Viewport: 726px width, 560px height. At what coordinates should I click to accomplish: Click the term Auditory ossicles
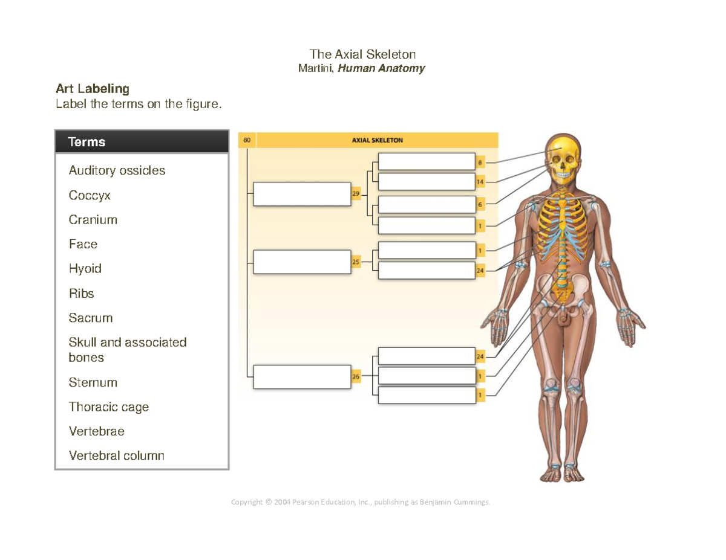click(x=117, y=170)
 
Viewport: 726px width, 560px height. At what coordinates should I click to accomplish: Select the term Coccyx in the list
click(x=90, y=196)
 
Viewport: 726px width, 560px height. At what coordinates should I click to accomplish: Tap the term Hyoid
click(x=85, y=269)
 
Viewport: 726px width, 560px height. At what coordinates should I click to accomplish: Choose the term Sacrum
click(x=91, y=318)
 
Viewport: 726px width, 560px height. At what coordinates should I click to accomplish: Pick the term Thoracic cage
click(x=109, y=407)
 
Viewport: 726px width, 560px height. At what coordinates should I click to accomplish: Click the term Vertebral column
click(x=116, y=455)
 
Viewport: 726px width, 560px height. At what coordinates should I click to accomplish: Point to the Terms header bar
click(x=142, y=142)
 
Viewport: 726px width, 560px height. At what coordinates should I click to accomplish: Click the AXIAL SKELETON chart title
click(x=377, y=140)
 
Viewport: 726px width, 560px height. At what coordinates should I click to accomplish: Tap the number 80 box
click(x=247, y=140)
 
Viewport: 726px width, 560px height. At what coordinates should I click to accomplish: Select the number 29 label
click(x=356, y=194)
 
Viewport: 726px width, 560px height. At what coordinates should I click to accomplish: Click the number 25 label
click(x=356, y=262)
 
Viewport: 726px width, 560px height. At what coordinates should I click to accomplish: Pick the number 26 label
click(x=356, y=377)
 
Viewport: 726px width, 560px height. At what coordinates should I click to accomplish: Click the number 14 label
click(x=480, y=181)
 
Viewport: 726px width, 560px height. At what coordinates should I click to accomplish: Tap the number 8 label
click(x=480, y=163)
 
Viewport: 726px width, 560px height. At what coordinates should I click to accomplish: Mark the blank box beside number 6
click(x=427, y=205)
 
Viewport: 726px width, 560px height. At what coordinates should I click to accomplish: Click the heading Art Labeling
click(x=93, y=89)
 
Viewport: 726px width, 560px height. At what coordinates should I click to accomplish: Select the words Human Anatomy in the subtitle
click(x=381, y=68)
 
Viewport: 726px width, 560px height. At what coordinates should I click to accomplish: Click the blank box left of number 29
click(x=302, y=194)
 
